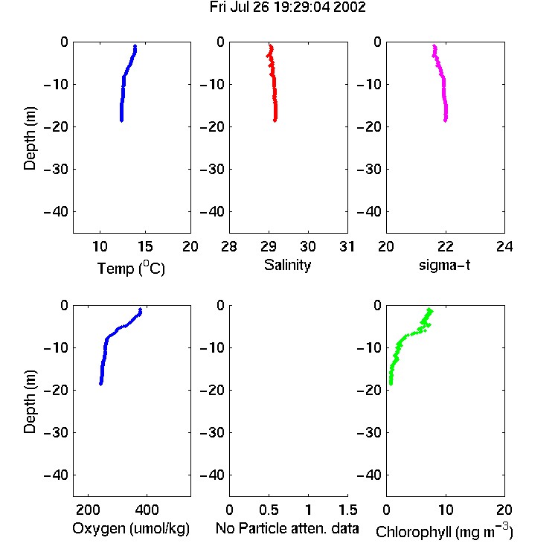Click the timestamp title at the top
click(x=287, y=7)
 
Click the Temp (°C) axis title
click(x=131, y=269)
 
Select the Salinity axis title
click(x=287, y=265)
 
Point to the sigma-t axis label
click(x=444, y=266)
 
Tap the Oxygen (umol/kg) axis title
click(x=131, y=529)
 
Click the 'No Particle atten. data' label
click(x=287, y=528)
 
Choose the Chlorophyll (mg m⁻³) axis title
click(x=444, y=531)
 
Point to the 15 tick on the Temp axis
click(x=145, y=246)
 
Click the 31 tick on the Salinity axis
click(x=347, y=246)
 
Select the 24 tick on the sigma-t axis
click(x=504, y=246)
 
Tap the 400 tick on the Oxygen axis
click(x=147, y=510)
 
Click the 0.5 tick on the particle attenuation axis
click(x=269, y=510)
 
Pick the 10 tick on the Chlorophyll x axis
click(x=446, y=510)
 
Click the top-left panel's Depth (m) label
click(x=30, y=138)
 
